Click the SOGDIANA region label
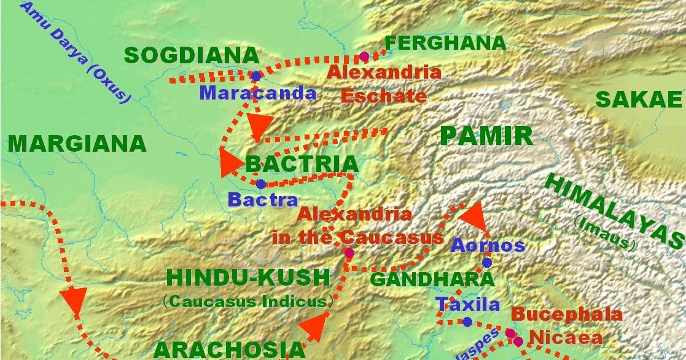pos(192,55)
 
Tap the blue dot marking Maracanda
pos(255,76)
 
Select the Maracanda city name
pos(258,93)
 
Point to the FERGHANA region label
pos(445,43)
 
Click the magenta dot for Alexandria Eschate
pos(364,57)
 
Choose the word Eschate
pos(383,96)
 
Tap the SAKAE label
pos(639,100)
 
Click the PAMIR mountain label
pos(486,136)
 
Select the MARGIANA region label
pos(77,144)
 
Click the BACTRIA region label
pos(302,164)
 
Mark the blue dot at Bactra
pos(261,184)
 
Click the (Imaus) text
pos(604,235)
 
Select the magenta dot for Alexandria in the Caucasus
pos(349,252)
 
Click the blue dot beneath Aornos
pos(487,263)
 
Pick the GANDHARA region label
pos(432,280)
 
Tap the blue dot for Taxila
pos(467,322)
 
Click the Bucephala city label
pos(566,315)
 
